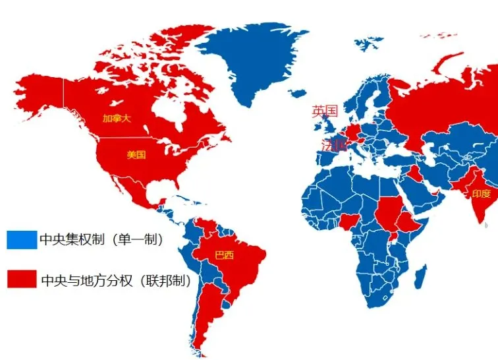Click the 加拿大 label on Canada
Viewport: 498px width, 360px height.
tap(116, 119)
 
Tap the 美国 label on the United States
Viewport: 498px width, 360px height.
tap(136, 155)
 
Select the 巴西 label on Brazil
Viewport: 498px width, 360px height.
tap(225, 255)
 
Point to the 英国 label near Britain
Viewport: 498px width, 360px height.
tap(325, 111)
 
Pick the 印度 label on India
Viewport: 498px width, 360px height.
tap(481, 194)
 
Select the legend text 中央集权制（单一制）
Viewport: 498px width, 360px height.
tap(101, 239)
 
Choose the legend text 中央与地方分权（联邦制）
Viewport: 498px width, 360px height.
tap(116, 280)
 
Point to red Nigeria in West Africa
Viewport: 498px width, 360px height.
tap(349, 222)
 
